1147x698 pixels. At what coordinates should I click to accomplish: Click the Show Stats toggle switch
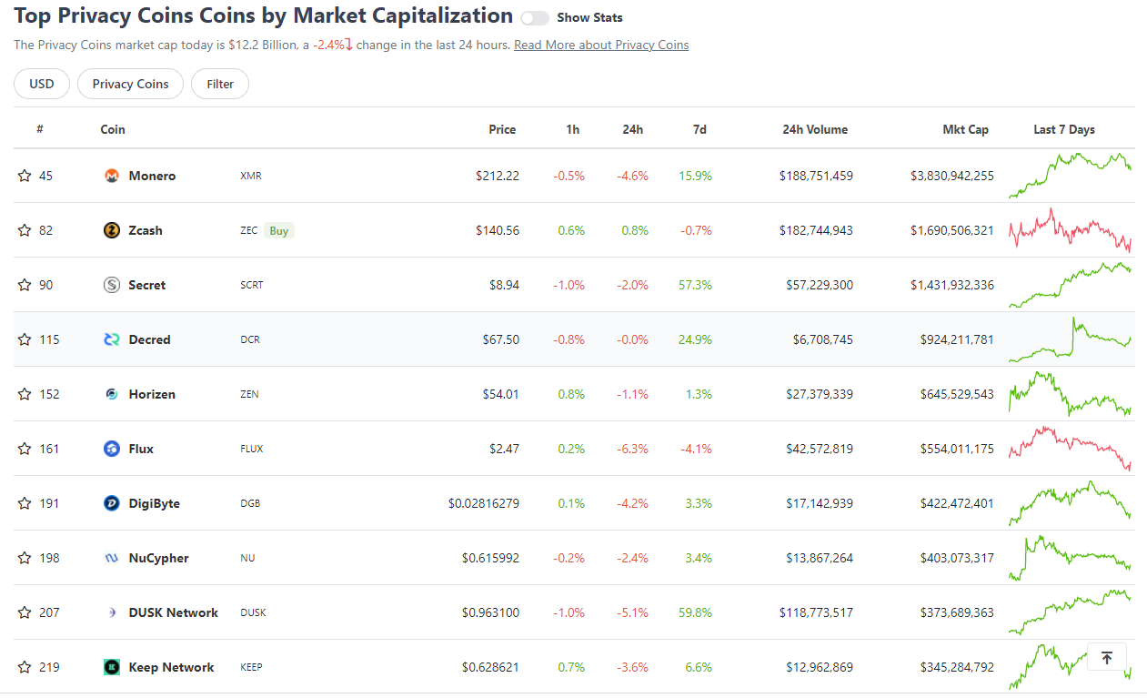click(x=535, y=18)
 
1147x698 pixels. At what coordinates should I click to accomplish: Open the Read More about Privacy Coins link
click(x=601, y=45)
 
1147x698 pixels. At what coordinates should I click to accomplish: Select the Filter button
click(x=220, y=84)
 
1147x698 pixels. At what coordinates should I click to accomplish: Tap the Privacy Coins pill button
click(x=130, y=84)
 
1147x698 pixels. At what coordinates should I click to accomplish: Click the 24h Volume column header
click(x=815, y=129)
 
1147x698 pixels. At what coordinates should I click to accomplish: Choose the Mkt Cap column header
click(x=965, y=129)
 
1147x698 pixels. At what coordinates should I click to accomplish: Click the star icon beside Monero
click(x=25, y=176)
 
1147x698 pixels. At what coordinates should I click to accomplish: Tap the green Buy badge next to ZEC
click(x=279, y=230)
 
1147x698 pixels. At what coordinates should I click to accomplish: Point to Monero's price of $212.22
click(x=497, y=176)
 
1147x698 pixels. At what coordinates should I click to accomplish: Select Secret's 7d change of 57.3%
click(x=695, y=285)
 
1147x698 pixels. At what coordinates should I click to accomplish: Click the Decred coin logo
click(x=112, y=339)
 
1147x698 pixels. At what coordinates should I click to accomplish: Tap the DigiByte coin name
click(x=154, y=503)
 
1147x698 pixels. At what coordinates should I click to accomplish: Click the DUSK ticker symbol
click(x=253, y=612)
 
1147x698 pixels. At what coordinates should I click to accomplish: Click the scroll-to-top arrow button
click(x=1106, y=657)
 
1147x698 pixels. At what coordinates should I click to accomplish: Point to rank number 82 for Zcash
click(x=45, y=230)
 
